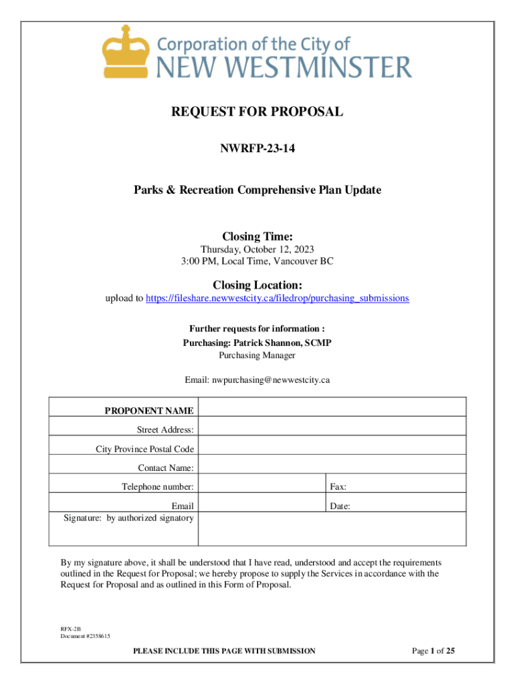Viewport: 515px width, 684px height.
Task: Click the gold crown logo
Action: [124, 52]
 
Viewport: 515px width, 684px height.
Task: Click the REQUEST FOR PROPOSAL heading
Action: [257, 112]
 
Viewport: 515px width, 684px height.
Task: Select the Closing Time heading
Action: [257, 236]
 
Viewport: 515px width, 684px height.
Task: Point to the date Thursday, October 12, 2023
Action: [257, 249]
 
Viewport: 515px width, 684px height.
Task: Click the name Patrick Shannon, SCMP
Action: [282, 343]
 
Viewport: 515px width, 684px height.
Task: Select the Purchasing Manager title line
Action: [257, 355]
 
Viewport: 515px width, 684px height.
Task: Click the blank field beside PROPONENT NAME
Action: [332, 407]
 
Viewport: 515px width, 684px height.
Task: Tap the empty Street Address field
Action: [332, 429]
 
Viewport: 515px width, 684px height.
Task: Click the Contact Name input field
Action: [332, 468]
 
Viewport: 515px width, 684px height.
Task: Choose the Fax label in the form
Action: [337, 487]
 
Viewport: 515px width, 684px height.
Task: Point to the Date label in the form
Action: [340, 506]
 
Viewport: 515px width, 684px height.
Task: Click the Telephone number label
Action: [157, 487]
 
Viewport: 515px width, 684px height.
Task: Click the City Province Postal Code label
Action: [144, 449]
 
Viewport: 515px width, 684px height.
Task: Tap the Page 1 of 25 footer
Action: [433, 650]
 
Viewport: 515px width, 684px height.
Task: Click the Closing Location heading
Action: [257, 285]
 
